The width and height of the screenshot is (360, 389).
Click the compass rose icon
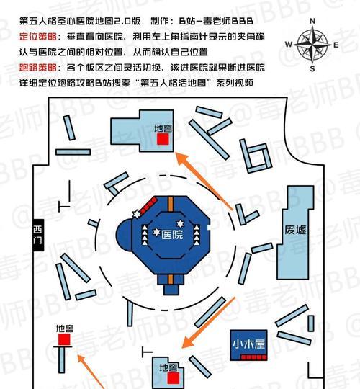coord(313,45)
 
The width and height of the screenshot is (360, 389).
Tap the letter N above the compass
coord(312,21)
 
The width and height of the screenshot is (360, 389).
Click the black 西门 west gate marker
coord(38,235)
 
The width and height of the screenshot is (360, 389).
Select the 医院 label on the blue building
coord(172,235)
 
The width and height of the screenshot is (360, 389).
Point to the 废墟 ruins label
coord(295,230)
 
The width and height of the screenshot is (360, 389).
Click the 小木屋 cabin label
coord(248,344)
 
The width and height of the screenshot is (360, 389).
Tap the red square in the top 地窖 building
coord(163,139)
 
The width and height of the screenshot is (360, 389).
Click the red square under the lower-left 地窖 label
coord(64,339)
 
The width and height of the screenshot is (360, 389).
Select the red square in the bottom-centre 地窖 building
coord(173,379)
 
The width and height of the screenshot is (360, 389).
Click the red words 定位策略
coord(38,37)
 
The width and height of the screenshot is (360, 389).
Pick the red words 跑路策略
coord(38,68)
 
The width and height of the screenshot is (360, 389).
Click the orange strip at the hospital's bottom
coord(171,280)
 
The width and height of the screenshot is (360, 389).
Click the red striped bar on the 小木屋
coord(254,357)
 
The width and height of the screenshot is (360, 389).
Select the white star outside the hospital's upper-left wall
coord(136,214)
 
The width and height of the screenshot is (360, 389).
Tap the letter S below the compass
coord(312,69)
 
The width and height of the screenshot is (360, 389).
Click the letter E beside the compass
coord(336,45)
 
